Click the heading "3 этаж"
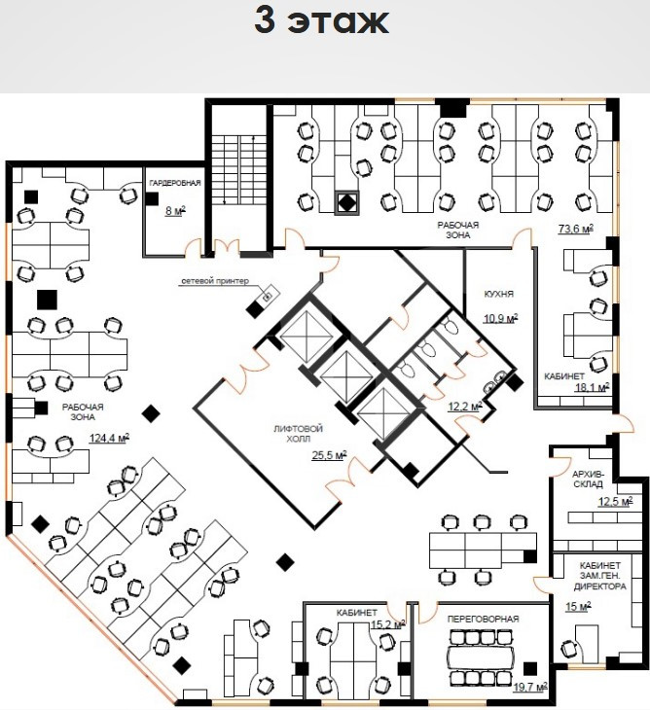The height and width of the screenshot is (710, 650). (321, 20)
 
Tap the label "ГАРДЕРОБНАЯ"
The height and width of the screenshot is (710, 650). (174, 184)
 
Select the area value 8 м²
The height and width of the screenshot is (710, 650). (175, 210)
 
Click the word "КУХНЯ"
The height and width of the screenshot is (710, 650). (498, 294)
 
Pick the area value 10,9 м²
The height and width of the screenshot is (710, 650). (501, 317)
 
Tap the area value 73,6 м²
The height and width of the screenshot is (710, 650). (575, 230)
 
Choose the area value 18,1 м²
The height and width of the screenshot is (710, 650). (592, 386)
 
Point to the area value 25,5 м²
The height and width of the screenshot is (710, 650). (329, 454)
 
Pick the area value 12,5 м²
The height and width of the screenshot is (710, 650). (615, 502)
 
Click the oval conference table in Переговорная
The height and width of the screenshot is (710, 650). (482, 652)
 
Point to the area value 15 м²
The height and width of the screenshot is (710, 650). (579, 607)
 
